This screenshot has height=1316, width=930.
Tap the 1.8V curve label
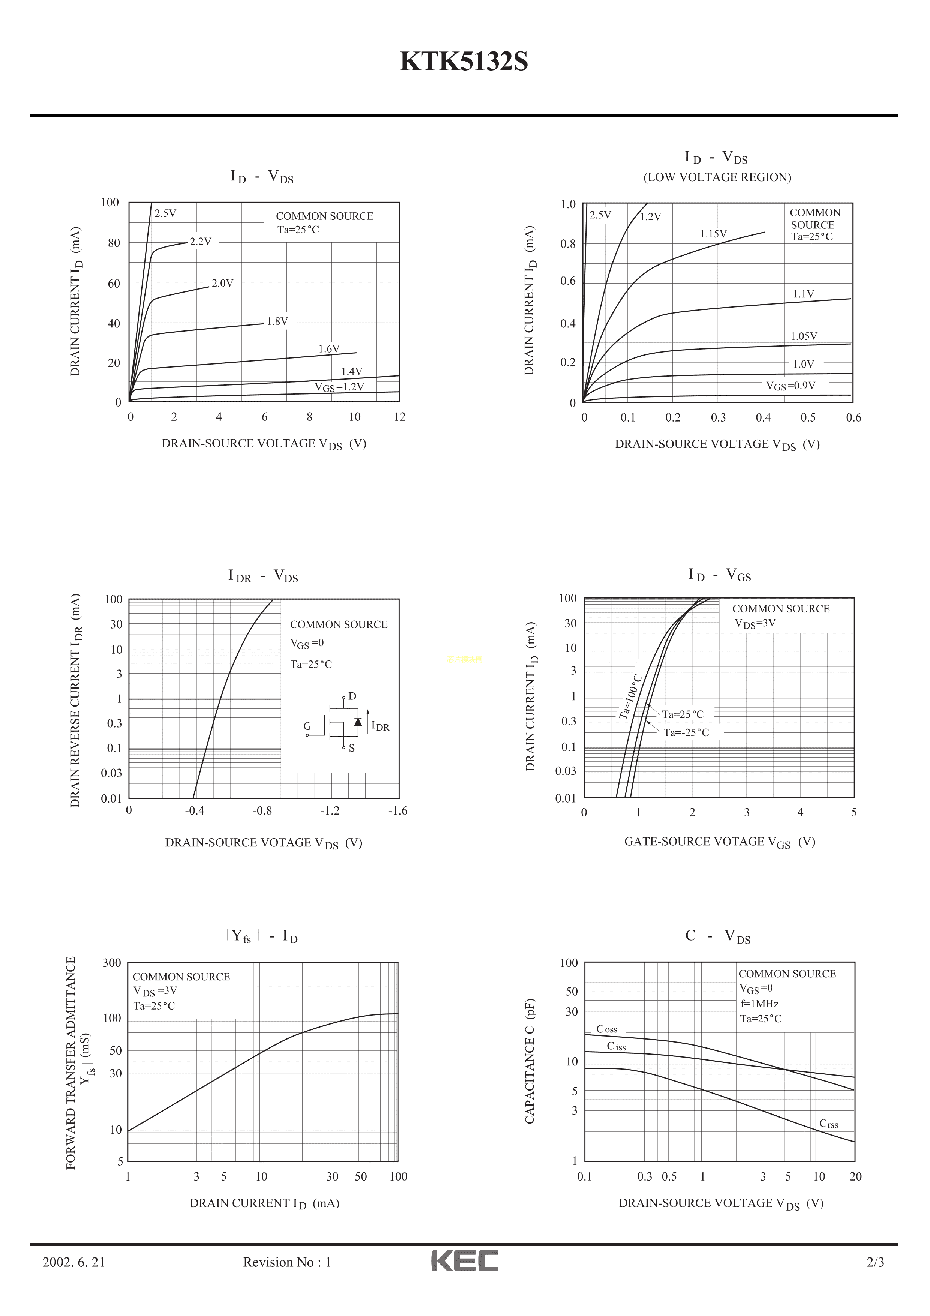coord(277,321)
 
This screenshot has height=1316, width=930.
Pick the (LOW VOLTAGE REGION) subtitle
coord(717,177)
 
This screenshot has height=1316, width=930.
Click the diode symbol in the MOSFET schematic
coord(358,722)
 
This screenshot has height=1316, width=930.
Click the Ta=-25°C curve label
coord(686,732)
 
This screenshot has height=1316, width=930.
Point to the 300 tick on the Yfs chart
coord(112,963)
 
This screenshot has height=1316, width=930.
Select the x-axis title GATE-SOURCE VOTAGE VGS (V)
coord(719,842)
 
